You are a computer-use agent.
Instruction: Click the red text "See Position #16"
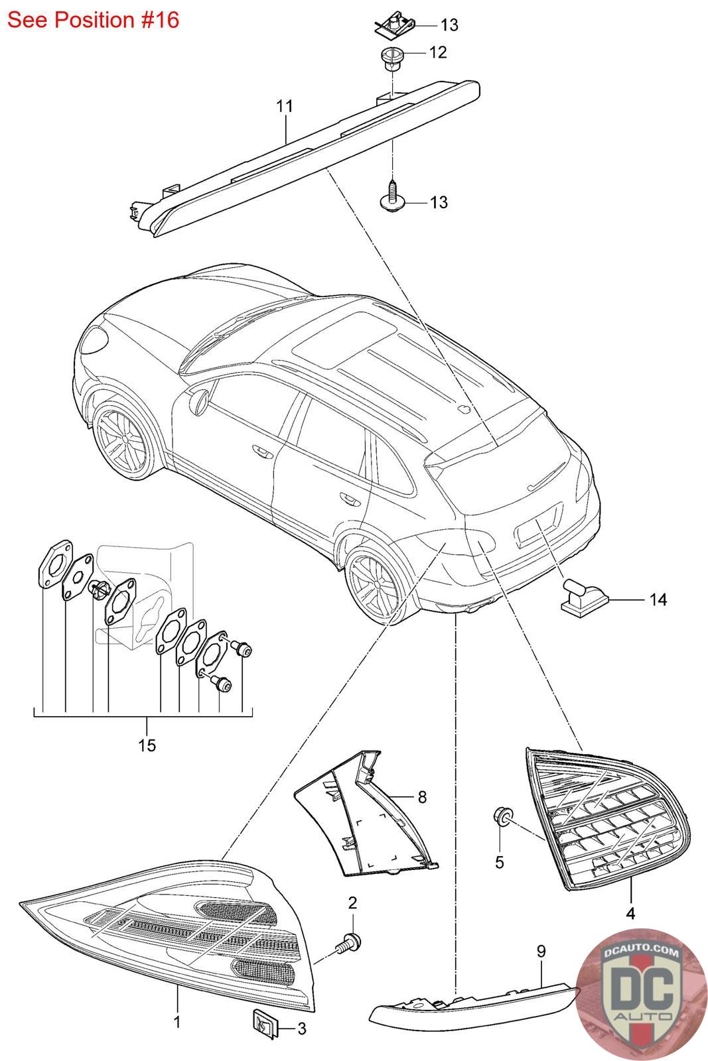(x=94, y=20)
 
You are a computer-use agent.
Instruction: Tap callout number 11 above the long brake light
(x=285, y=106)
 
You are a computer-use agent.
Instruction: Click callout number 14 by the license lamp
(x=658, y=600)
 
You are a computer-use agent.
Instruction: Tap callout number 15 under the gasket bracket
(x=147, y=745)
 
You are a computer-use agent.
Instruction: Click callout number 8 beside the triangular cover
(x=422, y=796)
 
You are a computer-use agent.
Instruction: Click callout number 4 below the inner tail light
(x=630, y=914)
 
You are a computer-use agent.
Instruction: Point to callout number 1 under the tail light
(x=177, y=1022)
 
